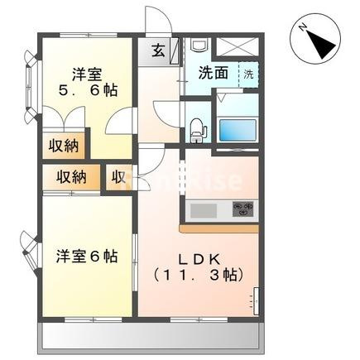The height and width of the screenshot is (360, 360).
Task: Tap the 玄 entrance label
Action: pyautogui.click(x=156, y=50)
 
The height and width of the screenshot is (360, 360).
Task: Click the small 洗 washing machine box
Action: pyautogui.click(x=249, y=74)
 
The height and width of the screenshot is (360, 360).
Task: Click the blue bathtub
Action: pyautogui.click(x=240, y=128)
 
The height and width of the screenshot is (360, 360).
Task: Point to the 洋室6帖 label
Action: pyautogui.click(x=86, y=257)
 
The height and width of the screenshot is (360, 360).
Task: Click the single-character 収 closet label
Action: pyautogui.click(x=118, y=177)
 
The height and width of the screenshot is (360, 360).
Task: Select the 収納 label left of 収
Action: pyautogui.click(x=72, y=177)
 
